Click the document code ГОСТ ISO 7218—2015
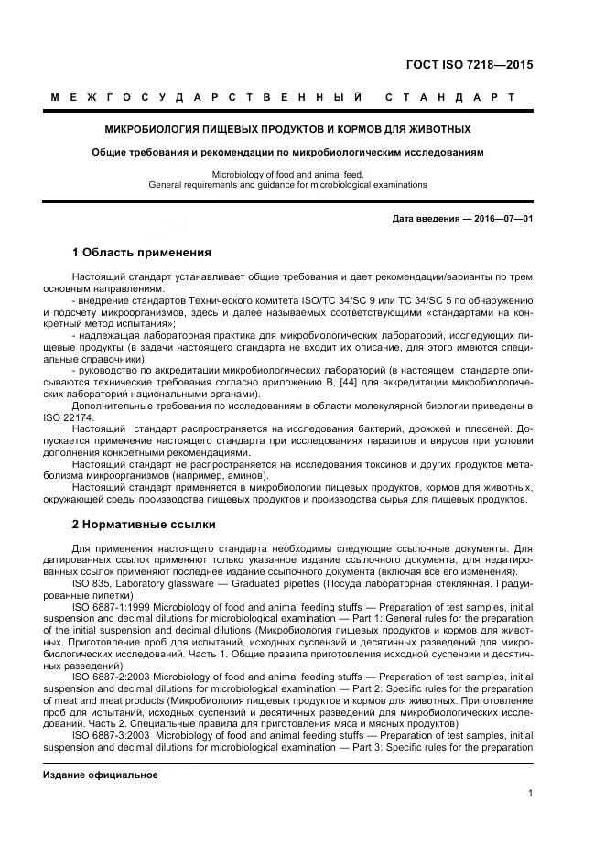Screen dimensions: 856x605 coord(469,65)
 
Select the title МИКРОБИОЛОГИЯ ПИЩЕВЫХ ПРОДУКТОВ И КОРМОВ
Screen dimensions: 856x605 coord(287,129)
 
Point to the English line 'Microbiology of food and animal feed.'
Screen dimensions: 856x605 coord(287,174)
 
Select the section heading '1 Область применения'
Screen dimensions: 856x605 coord(141,252)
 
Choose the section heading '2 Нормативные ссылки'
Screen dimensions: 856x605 coord(144,525)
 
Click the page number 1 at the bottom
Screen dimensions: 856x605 coord(530,794)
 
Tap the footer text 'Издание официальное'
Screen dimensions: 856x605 coord(101,749)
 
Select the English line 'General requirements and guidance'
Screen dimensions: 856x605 coord(287,184)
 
